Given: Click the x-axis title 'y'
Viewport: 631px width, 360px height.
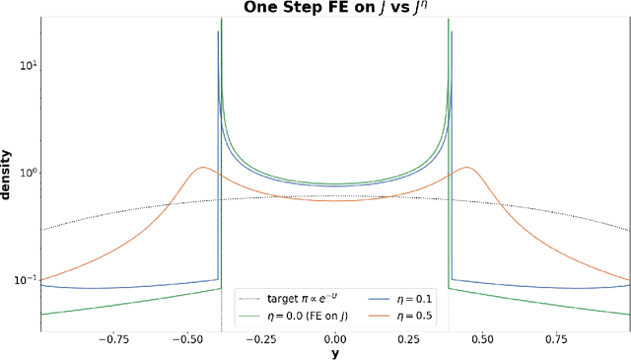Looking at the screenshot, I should (x=334, y=352).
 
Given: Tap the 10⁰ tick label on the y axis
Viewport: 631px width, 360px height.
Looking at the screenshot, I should (x=22, y=173).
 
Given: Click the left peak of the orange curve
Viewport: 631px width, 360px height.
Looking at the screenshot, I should (x=202, y=168).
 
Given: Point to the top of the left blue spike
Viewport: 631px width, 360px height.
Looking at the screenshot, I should (x=218, y=33).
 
